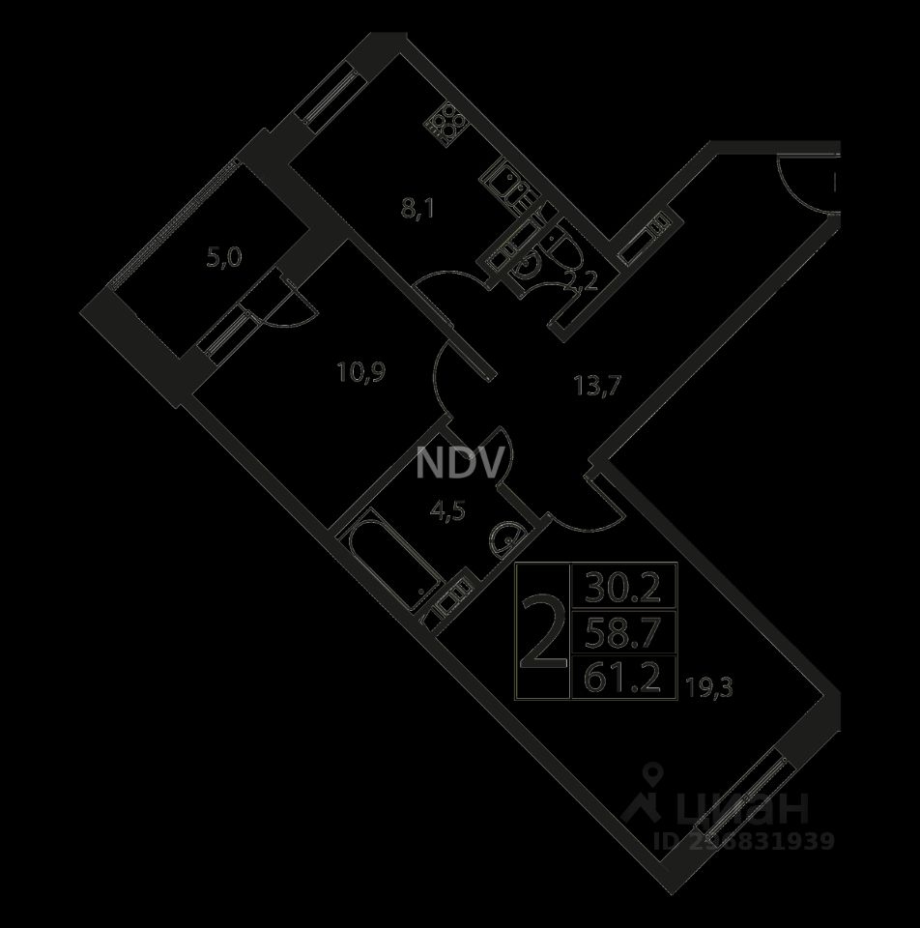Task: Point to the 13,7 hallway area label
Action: (595, 385)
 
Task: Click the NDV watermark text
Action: (460, 464)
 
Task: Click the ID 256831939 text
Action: (744, 841)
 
